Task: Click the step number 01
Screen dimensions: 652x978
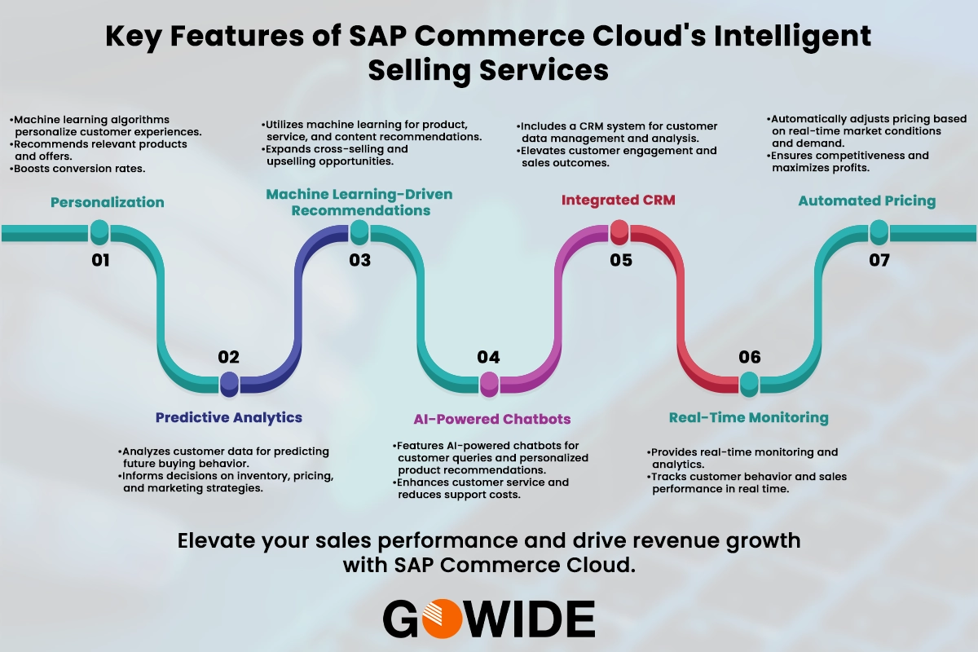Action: pyautogui.click(x=99, y=261)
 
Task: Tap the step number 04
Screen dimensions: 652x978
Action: pyautogui.click(x=489, y=357)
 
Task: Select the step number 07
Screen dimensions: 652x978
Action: pyautogui.click(x=879, y=261)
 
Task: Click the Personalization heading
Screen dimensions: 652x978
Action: pyautogui.click(x=108, y=202)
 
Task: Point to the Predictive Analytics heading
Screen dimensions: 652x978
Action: pyautogui.click(x=229, y=417)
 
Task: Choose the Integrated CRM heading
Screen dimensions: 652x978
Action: pyautogui.click(x=619, y=200)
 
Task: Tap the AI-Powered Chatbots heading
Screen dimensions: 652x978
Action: pyautogui.click(x=491, y=419)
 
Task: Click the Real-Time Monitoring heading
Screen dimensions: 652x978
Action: pyautogui.click(x=748, y=417)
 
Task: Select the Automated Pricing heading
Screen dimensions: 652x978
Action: pyautogui.click(x=867, y=200)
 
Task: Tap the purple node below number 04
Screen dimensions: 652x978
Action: pyautogui.click(x=489, y=381)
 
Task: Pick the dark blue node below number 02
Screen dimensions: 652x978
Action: pyautogui.click(x=229, y=381)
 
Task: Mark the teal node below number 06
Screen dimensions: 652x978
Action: pyautogui.click(x=749, y=381)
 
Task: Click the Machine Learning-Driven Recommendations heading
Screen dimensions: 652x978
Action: pyautogui.click(x=359, y=202)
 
